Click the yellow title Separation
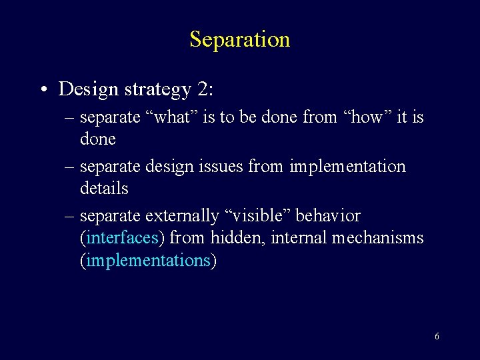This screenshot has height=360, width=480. click(x=239, y=39)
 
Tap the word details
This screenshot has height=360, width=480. click(x=103, y=189)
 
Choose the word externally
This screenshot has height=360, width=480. click(x=181, y=217)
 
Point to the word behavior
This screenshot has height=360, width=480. click(x=328, y=216)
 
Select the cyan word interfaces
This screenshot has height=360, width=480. click(x=123, y=238)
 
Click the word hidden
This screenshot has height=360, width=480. click(x=238, y=238)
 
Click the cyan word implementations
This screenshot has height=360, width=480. click(x=148, y=261)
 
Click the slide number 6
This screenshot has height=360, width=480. click(x=437, y=336)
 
